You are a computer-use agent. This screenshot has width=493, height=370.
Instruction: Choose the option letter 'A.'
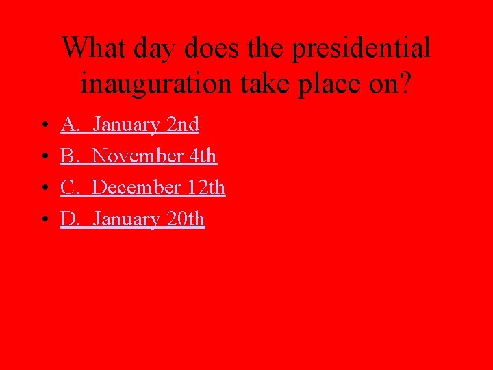[x=70, y=125]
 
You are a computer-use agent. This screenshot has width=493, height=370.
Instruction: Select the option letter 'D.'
[x=70, y=219]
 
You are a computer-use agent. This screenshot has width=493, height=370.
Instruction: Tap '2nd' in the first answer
[x=183, y=125]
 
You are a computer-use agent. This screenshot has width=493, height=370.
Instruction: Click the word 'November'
[x=137, y=156]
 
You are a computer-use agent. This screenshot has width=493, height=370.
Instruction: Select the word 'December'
[x=136, y=188]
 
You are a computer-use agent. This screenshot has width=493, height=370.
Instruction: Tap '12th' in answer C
[x=206, y=188]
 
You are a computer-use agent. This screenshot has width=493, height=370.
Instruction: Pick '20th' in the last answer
[x=186, y=219]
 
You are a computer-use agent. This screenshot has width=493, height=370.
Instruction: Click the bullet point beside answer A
[x=43, y=125]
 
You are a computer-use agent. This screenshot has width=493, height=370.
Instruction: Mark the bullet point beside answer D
[x=43, y=220]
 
